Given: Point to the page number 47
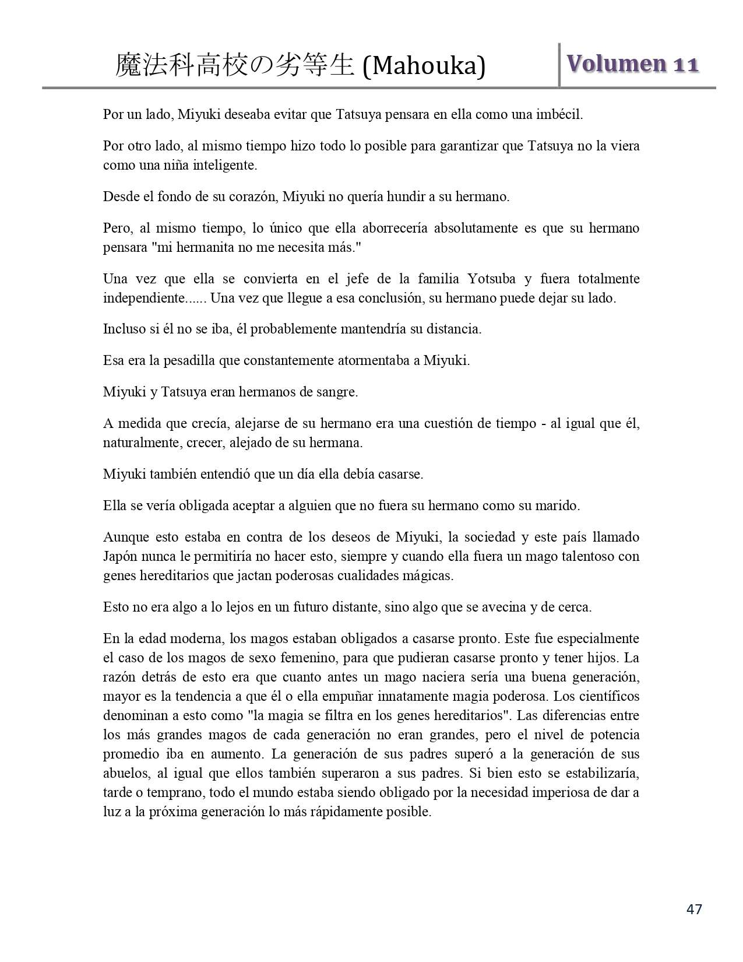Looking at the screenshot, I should pos(694,909).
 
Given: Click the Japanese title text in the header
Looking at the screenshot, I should pos(235,65).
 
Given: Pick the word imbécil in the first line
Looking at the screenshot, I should pos(561,114).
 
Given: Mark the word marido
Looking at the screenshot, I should pos(558,505).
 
